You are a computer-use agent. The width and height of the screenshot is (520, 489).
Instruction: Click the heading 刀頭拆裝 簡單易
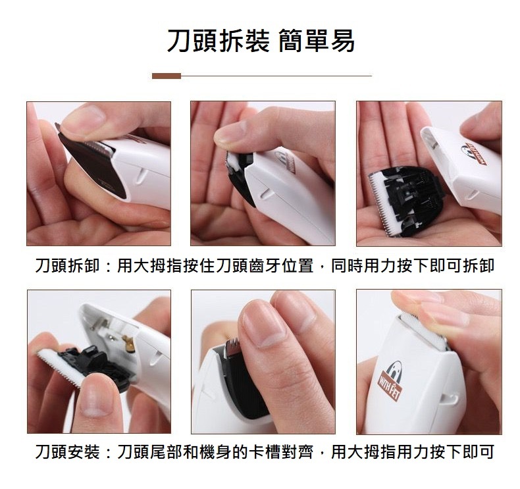(261, 41)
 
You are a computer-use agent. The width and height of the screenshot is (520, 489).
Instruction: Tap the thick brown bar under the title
(167, 76)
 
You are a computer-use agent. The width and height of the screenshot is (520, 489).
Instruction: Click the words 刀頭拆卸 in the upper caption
(67, 265)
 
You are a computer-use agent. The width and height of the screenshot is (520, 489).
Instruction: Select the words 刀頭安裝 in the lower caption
(67, 451)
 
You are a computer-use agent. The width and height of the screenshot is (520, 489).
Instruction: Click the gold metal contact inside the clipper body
(128, 343)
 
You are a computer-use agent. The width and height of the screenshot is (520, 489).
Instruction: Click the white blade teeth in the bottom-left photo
(59, 369)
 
